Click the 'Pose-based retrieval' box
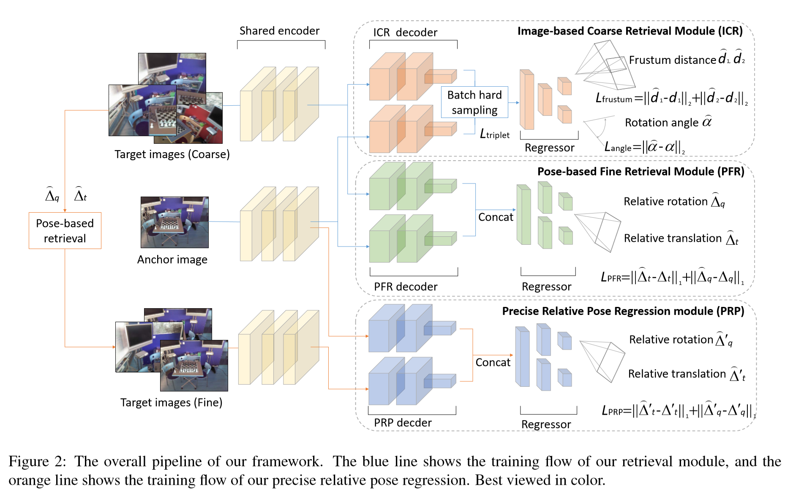click(65, 230)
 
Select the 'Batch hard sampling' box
click(474, 102)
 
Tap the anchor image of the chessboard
click(174, 222)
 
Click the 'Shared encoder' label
click(279, 31)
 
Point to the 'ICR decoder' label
click(405, 33)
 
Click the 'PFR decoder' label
click(405, 287)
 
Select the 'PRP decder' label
click(402, 422)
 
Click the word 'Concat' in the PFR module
click(495, 217)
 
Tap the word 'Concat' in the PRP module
click(493, 362)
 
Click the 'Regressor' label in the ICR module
click(549, 148)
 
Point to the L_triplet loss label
click(494, 134)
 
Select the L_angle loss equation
click(644, 147)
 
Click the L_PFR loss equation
click(672, 277)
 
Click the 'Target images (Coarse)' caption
click(172, 154)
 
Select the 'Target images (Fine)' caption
click(171, 402)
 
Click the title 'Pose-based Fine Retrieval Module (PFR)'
click(640, 171)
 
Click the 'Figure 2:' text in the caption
click(37, 461)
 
